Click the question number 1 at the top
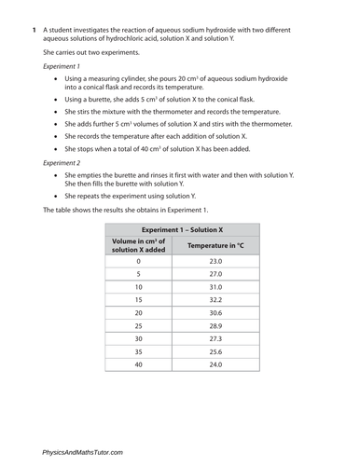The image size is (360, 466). (x=35, y=31)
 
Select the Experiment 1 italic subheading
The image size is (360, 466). (x=64, y=66)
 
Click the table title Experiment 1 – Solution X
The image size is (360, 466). (x=182, y=228)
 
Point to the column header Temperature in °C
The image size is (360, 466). (x=215, y=245)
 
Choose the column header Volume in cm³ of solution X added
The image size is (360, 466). (x=138, y=245)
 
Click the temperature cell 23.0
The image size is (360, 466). (x=215, y=262)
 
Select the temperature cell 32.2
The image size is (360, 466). (x=215, y=301)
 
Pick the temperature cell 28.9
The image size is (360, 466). (x=215, y=326)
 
